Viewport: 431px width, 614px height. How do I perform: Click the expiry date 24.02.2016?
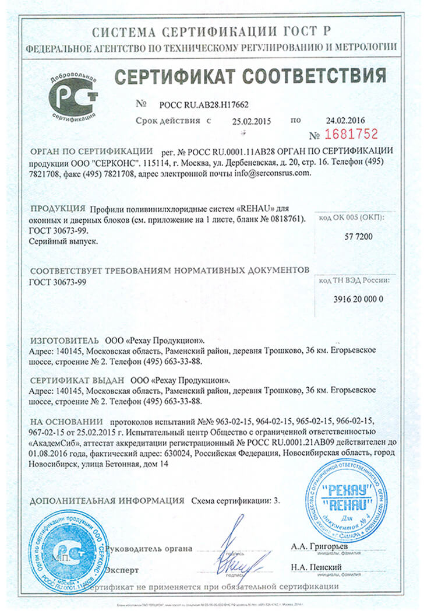coord(345,120)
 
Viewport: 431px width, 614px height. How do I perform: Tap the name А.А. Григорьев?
coord(317,546)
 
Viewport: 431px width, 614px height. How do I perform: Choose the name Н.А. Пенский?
coord(316,567)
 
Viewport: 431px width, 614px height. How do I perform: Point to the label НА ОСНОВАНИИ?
coord(66,421)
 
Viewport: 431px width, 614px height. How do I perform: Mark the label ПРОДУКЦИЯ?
coord(58,208)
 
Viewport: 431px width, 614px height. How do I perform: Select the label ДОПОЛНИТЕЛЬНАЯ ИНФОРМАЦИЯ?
coord(107,500)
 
